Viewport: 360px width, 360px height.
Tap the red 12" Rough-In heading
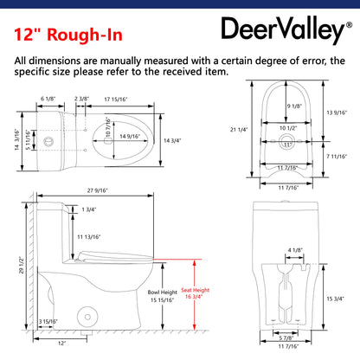point(68,35)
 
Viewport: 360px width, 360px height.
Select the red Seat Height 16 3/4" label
point(195,293)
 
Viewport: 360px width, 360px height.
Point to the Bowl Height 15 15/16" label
point(162,296)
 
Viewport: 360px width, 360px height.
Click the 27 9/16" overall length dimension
point(98,190)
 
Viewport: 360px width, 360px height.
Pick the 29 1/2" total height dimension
point(21,265)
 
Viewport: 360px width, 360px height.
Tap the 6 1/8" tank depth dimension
point(48,99)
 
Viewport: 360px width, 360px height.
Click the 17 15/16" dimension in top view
point(116,100)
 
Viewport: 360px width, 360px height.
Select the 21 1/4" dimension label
point(239,130)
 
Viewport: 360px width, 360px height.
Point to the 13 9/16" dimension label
point(337,112)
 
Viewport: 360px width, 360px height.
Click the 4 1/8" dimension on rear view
point(295,250)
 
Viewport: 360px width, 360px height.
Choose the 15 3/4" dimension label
point(335,299)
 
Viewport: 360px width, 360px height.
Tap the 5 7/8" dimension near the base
point(286,337)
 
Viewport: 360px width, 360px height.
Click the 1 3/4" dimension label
point(89,209)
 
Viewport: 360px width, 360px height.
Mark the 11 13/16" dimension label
point(89,237)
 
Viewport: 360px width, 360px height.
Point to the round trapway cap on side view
point(87,317)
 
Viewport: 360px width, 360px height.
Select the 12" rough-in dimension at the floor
point(61,343)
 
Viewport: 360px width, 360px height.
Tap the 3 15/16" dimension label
point(48,321)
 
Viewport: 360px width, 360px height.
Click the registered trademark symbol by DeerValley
point(349,25)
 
